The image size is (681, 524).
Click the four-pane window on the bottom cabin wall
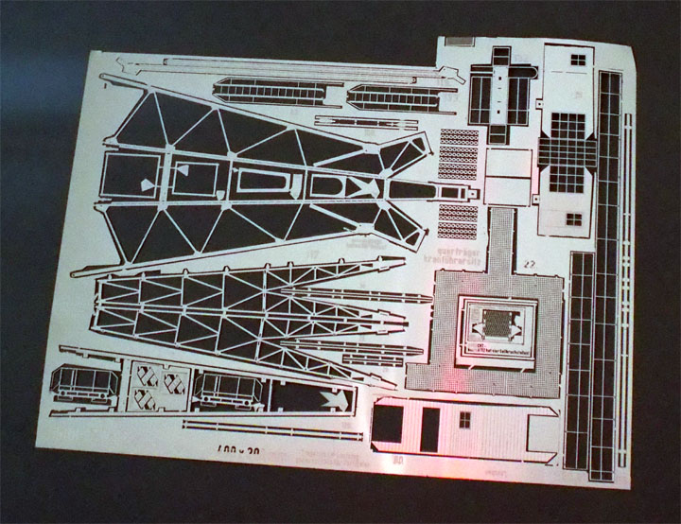[x=463, y=420]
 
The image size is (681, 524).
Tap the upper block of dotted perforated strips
[x=459, y=152]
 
